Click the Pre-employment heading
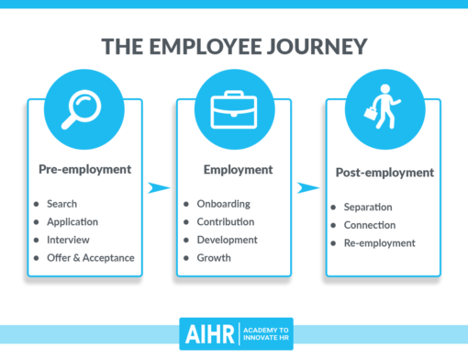(x=84, y=169)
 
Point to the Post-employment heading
(x=384, y=173)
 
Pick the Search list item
(x=61, y=203)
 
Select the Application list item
(x=72, y=221)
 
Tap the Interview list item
(x=67, y=240)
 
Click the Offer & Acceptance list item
(x=90, y=258)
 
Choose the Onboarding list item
(x=223, y=203)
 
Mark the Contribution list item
(x=226, y=221)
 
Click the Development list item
(x=227, y=240)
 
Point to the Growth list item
(x=214, y=258)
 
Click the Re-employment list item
(x=380, y=243)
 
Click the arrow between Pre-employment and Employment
(x=160, y=188)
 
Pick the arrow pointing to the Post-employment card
(x=309, y=188)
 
